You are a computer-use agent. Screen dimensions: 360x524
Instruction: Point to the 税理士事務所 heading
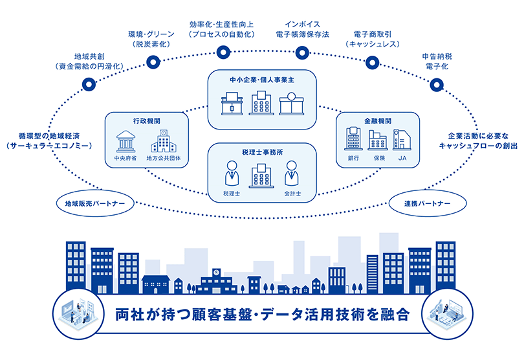(x=261, y=153)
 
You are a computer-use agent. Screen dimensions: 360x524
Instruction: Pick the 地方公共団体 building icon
(x=162, y=141)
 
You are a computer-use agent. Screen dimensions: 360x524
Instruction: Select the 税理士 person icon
(x=231, y=175)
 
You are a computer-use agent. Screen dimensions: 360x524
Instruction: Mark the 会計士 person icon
(x=292, y=175)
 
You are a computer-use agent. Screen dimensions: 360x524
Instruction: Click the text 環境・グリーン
(x=150, y=33)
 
